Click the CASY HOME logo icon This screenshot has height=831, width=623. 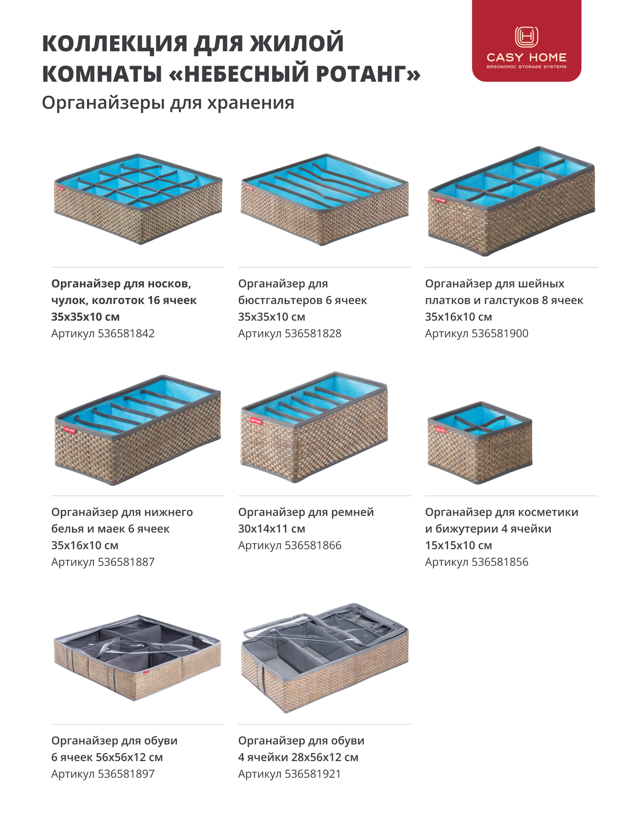point(526,37)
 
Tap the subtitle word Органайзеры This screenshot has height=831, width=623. point(104,103)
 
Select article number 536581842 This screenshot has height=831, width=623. point(126,333)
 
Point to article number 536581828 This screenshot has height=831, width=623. point(313,333)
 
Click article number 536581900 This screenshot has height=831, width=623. point(500,333)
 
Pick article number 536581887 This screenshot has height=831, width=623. point(126,562)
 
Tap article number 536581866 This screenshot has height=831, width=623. point(313,545)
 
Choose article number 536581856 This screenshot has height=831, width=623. point(500,562)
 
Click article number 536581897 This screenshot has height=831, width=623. point(126,774)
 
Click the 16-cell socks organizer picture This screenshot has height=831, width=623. point(138,199)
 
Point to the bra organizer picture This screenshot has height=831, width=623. point(324,199)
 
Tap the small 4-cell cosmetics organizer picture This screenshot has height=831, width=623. point(480,442)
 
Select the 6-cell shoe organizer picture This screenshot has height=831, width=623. point(137,657)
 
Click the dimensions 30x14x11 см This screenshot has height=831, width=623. point(272,529)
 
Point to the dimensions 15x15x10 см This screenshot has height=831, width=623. point(459,545)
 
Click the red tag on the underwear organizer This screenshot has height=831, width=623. point(69,430)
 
